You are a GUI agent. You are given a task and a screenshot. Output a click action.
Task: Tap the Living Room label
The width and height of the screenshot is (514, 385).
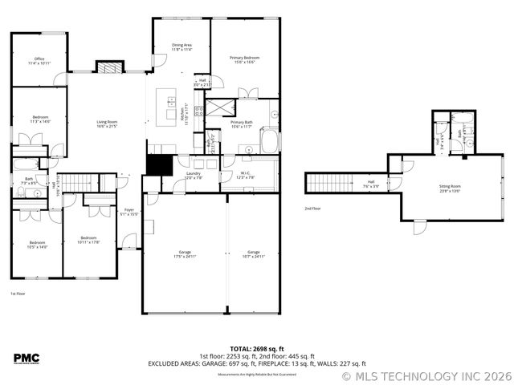(x=107, y=124)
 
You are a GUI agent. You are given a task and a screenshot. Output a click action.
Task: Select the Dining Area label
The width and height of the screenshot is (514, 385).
(x=182, y=47)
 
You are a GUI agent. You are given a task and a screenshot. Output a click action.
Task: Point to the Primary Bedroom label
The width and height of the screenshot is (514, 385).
(x=244, y=60)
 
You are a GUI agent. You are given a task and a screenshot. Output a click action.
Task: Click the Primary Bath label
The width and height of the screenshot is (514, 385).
(x=242, y=124)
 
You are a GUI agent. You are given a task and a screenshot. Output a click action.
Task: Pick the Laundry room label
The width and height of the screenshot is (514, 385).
(x=193, y=175)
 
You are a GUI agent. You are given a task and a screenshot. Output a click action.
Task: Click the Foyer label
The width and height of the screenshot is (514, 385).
(x=128, y=213)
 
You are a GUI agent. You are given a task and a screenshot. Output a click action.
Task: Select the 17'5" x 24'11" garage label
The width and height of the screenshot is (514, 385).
(x=184, y=254)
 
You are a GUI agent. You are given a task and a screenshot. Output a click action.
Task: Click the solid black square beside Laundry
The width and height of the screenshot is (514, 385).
(x=159, y=164)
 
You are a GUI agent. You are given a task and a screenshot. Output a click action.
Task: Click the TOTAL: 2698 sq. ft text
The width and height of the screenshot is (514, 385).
(x=256, y=349)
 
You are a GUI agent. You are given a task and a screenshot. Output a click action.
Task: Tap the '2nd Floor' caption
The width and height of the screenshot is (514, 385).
(x=313, y=209)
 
